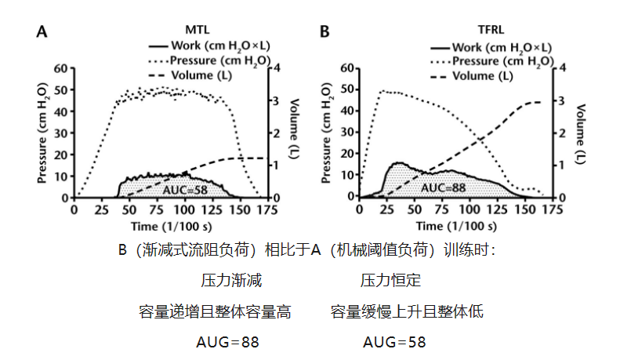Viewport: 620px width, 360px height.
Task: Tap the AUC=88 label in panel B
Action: [x=444, y=187]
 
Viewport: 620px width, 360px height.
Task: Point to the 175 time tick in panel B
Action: [x=554, y=210]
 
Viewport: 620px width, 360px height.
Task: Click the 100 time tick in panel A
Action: [x=185, y=210]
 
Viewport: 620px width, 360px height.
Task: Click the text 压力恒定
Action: [x=391, y=279]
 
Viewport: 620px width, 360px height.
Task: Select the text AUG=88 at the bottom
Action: [x=227, y=342]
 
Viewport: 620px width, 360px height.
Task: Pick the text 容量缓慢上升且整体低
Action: [x=407, y=311]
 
